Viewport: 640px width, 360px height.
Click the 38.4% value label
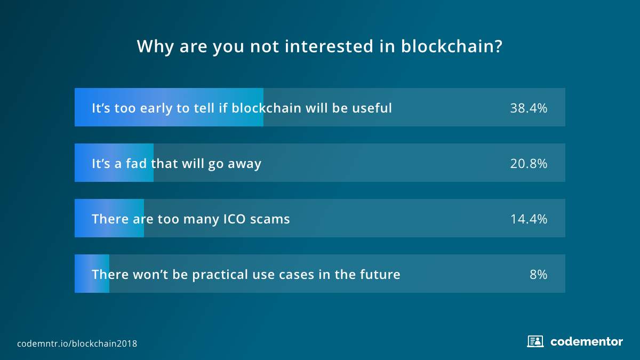pyautogui.click(x=529, y=108)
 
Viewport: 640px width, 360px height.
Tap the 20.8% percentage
pyautogui.click(x=529, y=163)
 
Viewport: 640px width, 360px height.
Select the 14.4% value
pyautogui.click(x=529, y=219)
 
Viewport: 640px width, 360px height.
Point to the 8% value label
pyautogui.click(x=538, y=274)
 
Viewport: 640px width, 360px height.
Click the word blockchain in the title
pyautogui.click(x=452, y=46)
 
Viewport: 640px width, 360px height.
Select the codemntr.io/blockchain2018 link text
pyautogui.click(x=77, y=343)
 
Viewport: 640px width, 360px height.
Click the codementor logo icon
pyautogui.click(x=535, y=341)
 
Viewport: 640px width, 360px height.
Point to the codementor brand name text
pyautogui.click(x=587, y=342)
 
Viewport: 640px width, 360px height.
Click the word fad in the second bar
pyautogui.click(x=137, y=163)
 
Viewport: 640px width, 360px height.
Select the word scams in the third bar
pyautogui.click(x=270, y=219)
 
